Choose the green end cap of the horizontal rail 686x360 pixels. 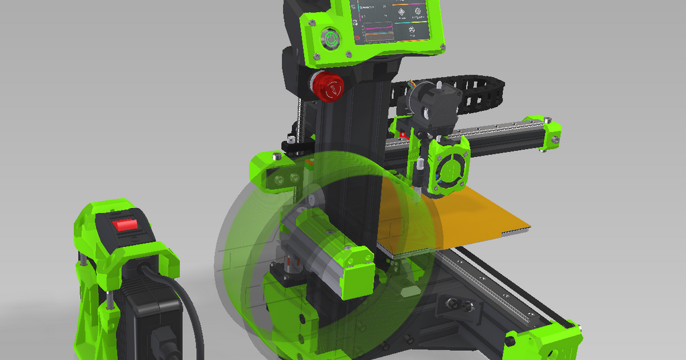547,133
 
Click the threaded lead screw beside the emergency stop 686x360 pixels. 300,120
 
